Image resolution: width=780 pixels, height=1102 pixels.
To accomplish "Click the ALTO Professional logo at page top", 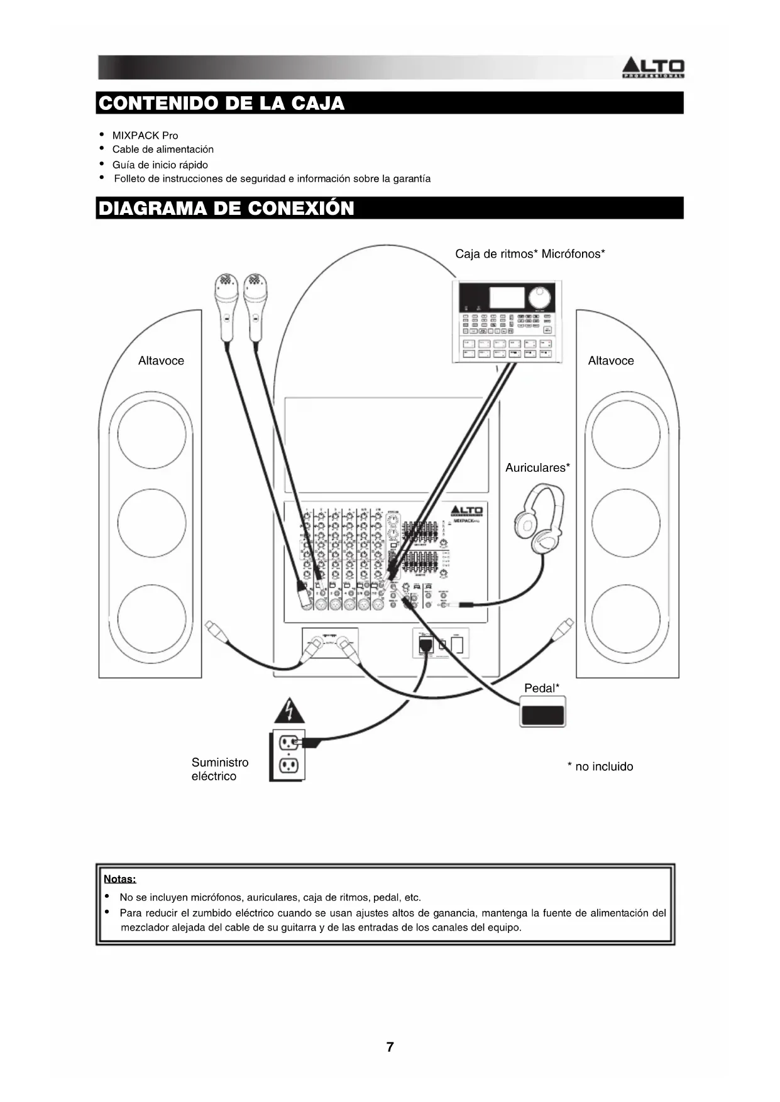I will point(652,67).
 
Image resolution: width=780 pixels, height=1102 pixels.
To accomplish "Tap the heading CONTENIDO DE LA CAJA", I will point(222,103).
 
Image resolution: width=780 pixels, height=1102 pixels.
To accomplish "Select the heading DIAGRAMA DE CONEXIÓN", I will point(227,208).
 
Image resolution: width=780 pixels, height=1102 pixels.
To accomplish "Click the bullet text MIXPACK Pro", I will point(145,135).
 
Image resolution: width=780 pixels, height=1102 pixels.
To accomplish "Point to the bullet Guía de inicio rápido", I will point(160,165).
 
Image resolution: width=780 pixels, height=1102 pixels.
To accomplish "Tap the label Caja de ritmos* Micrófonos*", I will point(530,254).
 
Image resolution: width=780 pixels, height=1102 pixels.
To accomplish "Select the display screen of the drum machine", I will point(507,297).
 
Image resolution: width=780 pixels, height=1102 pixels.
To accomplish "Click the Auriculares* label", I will point(537,467).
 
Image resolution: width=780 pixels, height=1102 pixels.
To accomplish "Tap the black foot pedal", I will point(542,713).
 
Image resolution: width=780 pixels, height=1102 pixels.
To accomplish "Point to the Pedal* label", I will point(542,688).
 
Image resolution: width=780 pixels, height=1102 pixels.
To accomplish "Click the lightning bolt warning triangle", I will point(289,711).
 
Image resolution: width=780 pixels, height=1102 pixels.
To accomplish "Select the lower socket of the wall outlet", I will point(288,766).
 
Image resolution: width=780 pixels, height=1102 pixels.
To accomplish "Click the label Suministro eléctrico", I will point(220,769).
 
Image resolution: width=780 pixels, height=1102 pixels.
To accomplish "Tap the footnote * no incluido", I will point(600,766).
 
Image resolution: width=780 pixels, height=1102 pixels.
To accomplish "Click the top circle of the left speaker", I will point(151,433).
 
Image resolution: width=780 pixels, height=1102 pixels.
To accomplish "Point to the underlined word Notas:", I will point(119,878).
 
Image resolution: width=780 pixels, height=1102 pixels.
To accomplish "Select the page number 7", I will point(390,1047).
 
